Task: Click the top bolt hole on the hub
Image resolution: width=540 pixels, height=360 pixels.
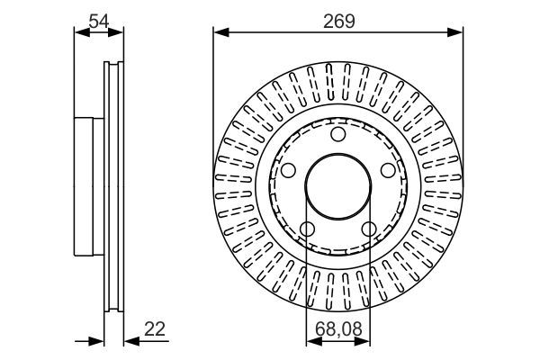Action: click(338, 135)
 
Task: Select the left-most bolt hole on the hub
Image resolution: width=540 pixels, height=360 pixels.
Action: click(288, 171)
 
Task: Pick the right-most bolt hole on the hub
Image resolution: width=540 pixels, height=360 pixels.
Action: click(388, 171)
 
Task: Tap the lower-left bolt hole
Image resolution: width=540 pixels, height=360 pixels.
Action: click(307, 229)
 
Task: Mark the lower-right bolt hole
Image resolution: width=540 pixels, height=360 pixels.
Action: click(369, 229)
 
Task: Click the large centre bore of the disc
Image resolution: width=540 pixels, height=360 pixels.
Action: click(338, 187)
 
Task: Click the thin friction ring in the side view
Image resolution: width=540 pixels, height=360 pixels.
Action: click(113, 187)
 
